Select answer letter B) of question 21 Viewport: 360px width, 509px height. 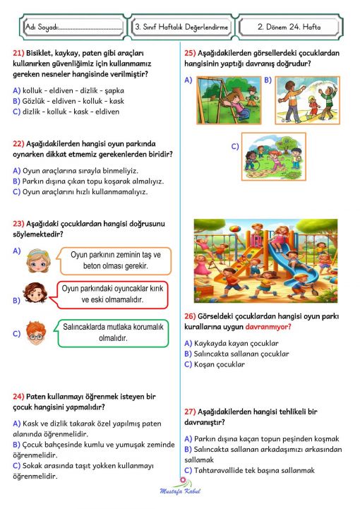pyautogui.click(x=16, y=100)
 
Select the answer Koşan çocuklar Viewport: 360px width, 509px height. pyautogui.click(x=219, y=365)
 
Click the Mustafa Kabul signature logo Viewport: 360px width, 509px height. pyautogui.click(x=181, y=488)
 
